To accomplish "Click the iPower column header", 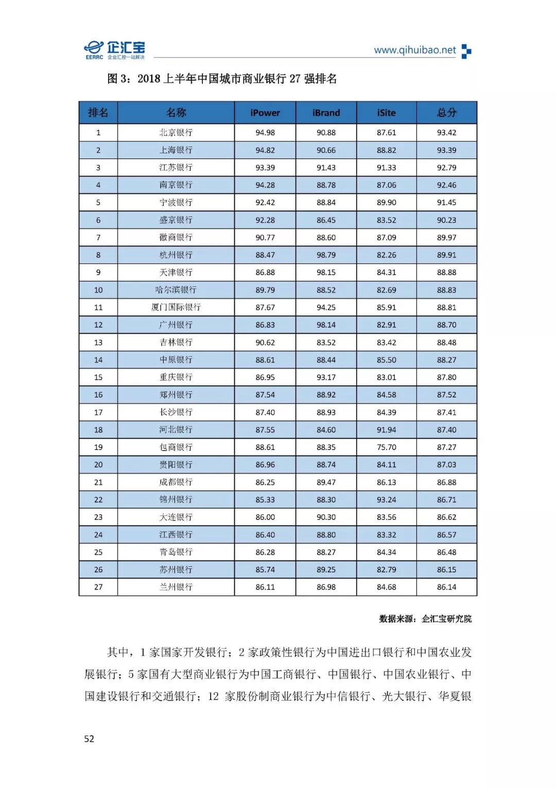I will (x=265, y=113).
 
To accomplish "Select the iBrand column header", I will (x=326, y=113).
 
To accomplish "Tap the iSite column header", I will (x=386, y=113).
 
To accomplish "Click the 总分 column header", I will (x=446, y=113).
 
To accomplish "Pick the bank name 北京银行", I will (x=176, y=133).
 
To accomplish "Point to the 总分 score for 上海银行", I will (x=446, y=150).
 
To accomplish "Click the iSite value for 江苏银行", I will (x=386, y=168).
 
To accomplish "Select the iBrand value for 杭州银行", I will (x=326, y=255).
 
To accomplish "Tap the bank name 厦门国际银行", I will (x=176, y=308).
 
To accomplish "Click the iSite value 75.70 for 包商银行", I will (x=386, y=447).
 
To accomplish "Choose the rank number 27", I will (x=98, y=587).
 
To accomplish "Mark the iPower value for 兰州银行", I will (x=265, y=587).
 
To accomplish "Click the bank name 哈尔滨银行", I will (x=176, y=290).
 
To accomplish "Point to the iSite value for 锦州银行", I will (x=386, y=500).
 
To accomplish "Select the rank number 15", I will (x=98, y=378).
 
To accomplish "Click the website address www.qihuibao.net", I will (x=415, y=50).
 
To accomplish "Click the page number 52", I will (x=89, y=739).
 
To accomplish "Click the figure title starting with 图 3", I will (x=222, y=79).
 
